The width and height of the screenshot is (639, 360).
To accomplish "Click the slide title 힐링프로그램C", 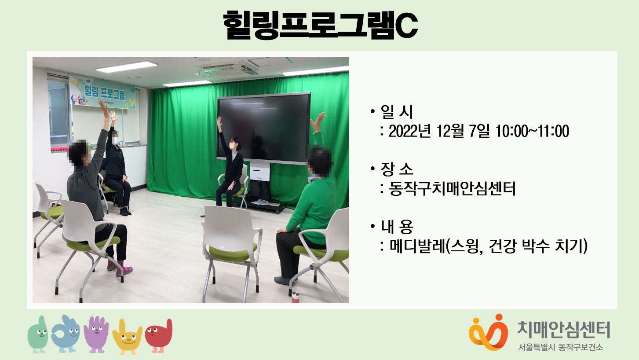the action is point(320,25).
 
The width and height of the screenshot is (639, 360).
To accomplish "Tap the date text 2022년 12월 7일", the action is point(439,131).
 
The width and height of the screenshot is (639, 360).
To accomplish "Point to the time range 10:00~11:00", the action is point(532,131).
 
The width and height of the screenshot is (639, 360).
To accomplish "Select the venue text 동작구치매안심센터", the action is point(452,189).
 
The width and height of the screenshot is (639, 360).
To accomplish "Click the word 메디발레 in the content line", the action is point(417,246).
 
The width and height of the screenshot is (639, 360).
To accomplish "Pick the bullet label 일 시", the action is point(397,112).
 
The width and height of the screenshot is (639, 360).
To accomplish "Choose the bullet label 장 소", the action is point(397,169).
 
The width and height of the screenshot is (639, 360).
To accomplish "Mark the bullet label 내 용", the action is point(397,226).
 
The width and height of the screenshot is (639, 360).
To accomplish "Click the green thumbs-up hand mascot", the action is point(38,334).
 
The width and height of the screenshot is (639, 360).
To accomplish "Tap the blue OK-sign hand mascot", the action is point(66,334).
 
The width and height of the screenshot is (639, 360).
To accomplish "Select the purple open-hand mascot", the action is point(96,334).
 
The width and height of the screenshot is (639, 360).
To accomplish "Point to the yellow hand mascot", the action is point(127,337).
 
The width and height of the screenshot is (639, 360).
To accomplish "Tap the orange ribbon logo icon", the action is point(488,332).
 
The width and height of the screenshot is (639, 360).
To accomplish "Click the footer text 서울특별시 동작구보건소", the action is point(561,347).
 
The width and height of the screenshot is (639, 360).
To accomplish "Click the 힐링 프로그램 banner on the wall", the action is point(102,92).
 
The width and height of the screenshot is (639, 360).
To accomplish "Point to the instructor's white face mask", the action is point(233,146).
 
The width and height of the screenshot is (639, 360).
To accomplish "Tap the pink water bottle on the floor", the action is point(295,297).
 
